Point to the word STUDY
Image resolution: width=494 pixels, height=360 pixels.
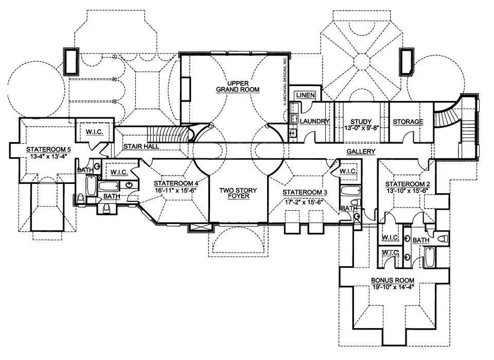357,122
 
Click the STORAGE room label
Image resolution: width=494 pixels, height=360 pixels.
408,122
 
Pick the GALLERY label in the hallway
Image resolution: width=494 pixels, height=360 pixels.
361,151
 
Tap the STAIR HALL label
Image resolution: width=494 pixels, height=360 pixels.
140,146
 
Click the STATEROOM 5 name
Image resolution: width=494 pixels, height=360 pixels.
48,149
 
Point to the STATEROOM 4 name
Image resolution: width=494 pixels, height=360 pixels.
176,183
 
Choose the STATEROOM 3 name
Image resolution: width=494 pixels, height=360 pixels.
305,192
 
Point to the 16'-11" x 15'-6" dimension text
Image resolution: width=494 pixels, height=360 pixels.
176,190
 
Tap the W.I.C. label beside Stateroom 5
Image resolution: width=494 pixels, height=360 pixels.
95,132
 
